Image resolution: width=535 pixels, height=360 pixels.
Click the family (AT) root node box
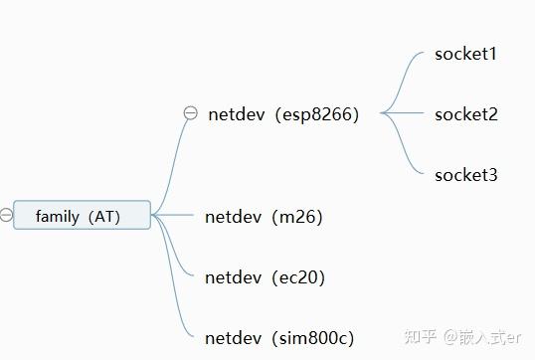pos(82,215)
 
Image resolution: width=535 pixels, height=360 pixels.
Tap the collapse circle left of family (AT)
pos(6,214)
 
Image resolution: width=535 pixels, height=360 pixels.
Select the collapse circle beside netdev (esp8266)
pos(191,113)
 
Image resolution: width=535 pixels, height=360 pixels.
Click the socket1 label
pos(465,54)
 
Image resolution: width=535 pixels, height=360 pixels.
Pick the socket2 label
pos(465,114)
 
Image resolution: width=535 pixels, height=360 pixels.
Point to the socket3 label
pos(465,175)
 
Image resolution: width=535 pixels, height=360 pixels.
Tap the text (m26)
pos(296,216)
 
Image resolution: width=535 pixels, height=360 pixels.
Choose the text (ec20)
pos(297,277)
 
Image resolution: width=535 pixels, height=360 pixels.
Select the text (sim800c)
pos(312,338)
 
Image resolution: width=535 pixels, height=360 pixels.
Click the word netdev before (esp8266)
pos(237,113)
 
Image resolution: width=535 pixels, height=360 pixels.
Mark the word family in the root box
pos(57,216)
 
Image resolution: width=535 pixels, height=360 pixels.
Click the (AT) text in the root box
pos(103,216)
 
